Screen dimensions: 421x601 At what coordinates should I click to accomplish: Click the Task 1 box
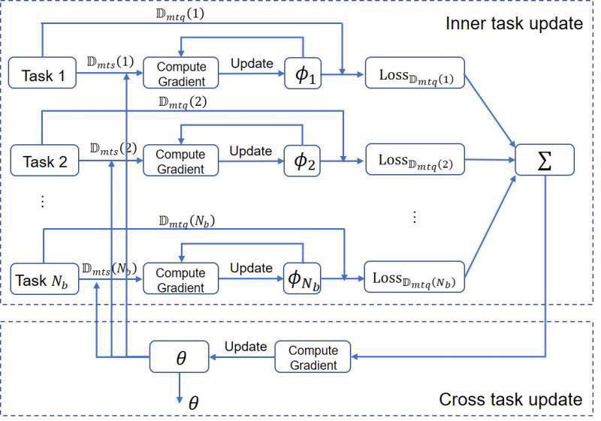[x=45, y=76]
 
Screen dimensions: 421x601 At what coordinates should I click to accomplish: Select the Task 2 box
[x=45, y=161]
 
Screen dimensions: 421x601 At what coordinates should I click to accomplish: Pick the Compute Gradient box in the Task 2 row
[x=180, y=161]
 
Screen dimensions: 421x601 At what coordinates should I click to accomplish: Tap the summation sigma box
[x=544, y=161]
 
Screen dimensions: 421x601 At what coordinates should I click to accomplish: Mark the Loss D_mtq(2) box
[x=415, y=161]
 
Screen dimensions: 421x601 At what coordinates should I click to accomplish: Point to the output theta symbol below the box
[x=193, y=403]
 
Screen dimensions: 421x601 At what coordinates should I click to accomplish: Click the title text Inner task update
[x=515, y=23]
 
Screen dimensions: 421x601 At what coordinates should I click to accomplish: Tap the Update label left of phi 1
[x=251, y=63]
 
